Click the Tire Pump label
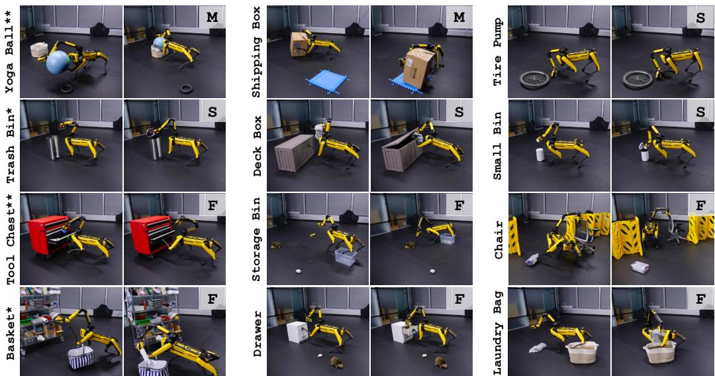tap(498, 50)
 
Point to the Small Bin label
tap(498, 145)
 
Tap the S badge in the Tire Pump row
tap(701, 19)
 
